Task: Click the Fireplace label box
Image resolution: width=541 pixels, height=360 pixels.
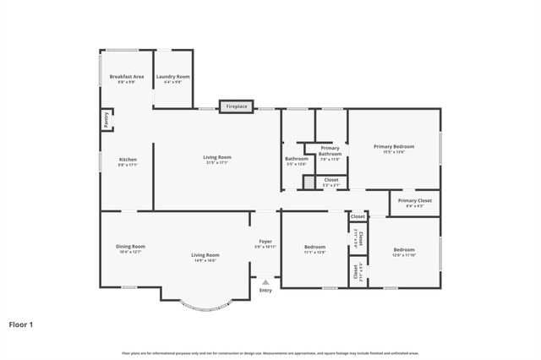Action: pos(236,106)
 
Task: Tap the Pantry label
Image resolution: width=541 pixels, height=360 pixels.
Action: pos(107,121)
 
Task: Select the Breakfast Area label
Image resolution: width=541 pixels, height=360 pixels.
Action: pos(127,79)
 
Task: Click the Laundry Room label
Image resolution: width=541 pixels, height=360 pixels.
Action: pos(172,79)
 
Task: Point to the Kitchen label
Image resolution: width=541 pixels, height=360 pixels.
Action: pos(128,162)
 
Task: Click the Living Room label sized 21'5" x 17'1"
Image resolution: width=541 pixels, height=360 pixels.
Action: pos(216,160)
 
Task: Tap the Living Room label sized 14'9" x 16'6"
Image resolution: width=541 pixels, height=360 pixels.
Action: pos(205,258)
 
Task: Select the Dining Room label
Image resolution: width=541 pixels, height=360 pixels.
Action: pos(130,249)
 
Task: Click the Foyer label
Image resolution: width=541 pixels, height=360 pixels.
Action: pos(265,244)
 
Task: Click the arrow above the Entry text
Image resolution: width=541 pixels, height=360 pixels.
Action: pos(265,282)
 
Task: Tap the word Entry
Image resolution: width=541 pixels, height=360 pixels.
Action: pos(265,291)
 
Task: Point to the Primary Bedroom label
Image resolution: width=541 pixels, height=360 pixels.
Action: pos(394,150)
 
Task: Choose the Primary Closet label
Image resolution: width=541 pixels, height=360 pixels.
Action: pos(414,203)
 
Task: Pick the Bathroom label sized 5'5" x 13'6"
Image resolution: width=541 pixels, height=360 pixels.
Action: pos(296,161)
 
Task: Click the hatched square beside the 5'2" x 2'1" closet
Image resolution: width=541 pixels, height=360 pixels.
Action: pos(309,183)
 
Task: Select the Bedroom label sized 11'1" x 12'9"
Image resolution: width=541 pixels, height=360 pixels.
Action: pos(314,250)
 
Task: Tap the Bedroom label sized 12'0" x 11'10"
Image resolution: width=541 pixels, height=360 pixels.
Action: pos(403,253)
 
